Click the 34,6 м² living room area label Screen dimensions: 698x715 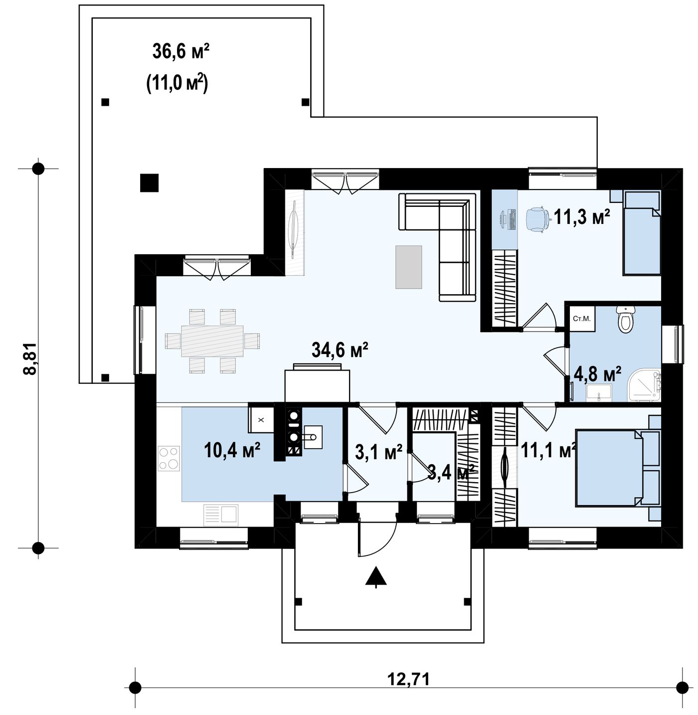340,350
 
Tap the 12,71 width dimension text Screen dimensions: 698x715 408,679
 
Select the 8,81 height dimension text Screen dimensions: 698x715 30,358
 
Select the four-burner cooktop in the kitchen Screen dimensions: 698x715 169,458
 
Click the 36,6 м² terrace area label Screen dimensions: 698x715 181,51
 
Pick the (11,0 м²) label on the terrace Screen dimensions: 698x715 177,84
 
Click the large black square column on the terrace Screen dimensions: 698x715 149,182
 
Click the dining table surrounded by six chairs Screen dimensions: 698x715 212,341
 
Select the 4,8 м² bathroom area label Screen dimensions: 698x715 597,374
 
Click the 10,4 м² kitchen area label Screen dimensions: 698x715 232,450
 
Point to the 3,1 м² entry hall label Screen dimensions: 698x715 378,452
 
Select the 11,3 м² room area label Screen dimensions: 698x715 582,217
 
